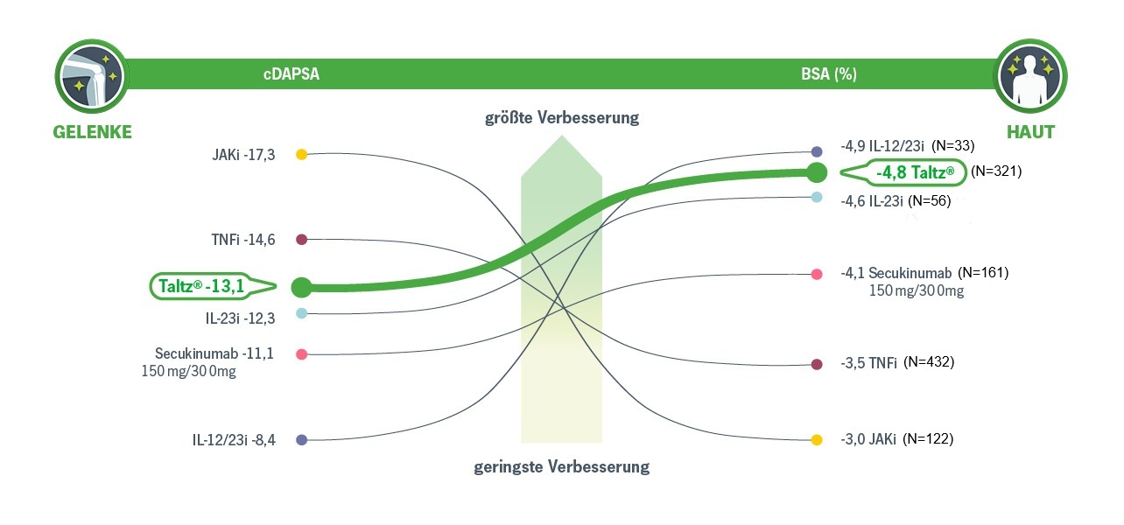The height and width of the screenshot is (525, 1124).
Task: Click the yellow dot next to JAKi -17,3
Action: [301, 154]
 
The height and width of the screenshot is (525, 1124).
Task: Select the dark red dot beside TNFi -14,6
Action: [301, 239]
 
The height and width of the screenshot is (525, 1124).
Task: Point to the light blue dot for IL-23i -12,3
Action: [301, 313]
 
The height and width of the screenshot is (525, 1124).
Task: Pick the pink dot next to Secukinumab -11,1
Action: [301, 354]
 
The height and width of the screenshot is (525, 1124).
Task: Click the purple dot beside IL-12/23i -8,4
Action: [301, 440]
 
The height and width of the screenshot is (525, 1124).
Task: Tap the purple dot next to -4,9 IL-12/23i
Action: [817, 151]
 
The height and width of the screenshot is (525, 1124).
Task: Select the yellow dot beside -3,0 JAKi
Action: [817, 440]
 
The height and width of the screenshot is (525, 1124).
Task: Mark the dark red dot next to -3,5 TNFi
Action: [817, 364]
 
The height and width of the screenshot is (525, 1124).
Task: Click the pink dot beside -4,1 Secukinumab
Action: [817, 275]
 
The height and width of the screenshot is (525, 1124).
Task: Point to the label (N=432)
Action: [928, 361]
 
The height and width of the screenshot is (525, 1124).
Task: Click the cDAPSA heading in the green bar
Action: [292, 74]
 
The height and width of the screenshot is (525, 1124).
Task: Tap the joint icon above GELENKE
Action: [90, 75]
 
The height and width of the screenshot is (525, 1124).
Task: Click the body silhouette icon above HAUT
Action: [1029, 75]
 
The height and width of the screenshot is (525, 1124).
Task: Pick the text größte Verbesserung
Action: [562, 117]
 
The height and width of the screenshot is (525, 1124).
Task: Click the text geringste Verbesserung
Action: [562, 466]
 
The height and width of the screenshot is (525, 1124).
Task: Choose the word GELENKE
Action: [92, 132]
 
